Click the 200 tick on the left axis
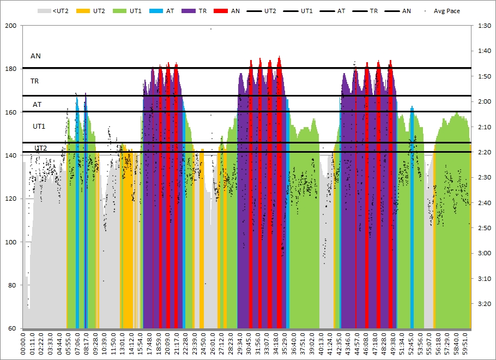11,26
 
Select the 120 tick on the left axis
11,199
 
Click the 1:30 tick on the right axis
484,26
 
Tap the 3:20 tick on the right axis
484,304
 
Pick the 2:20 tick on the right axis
484,152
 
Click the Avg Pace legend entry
443,11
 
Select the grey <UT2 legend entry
53,11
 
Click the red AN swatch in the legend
221,11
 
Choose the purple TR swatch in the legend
189,11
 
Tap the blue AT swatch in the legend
156,11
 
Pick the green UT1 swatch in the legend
119,11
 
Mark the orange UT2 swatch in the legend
83,11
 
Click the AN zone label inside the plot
35,56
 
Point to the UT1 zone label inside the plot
39,127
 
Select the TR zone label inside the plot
34,81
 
